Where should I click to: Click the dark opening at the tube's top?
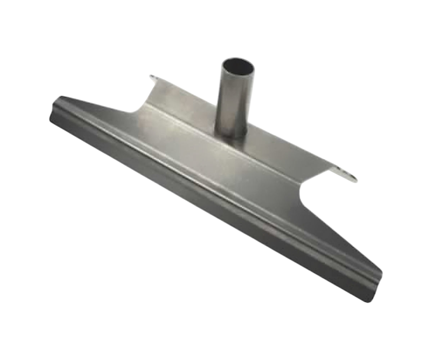(238, 67)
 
